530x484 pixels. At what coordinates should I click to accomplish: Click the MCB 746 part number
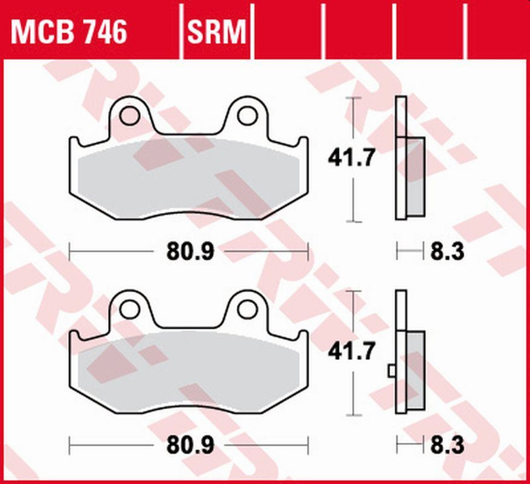pos(68,31)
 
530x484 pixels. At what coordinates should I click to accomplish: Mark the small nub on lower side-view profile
pos(391,370)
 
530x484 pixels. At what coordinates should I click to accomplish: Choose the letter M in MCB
pos(23,31)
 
